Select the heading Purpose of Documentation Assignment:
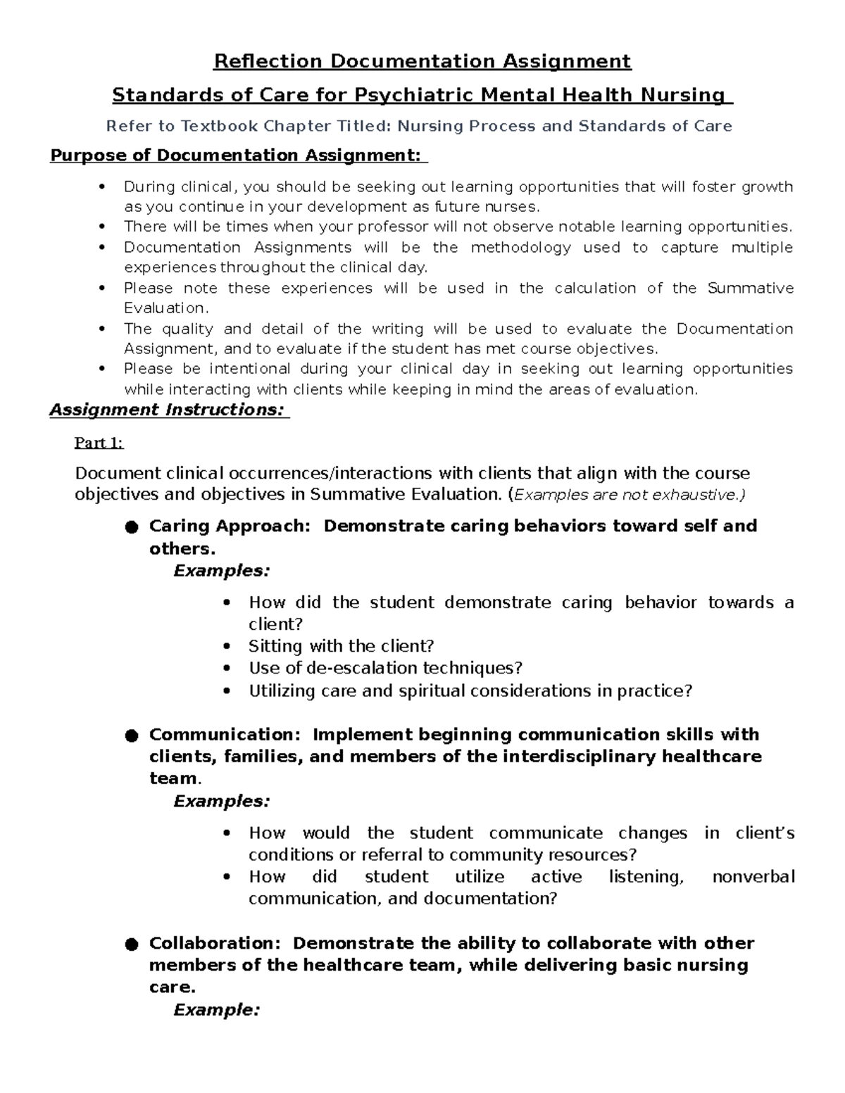click(x=238, y=155)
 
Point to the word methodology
click(x=520, y=248)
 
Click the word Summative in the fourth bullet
click(x=750, y=289)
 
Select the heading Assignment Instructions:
click(x=168, y=410)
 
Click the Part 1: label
click(x=99, y=443)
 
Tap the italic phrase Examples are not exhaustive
click(x=629, y=495)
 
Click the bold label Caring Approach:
click(x=230, y=526)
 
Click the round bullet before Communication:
click(x=131, y=736)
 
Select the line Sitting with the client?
click(x=341, y=646)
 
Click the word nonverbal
click(x=753, y=877)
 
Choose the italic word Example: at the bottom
click(x=217, y=1010)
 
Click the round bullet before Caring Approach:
click(x=131, y=528)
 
